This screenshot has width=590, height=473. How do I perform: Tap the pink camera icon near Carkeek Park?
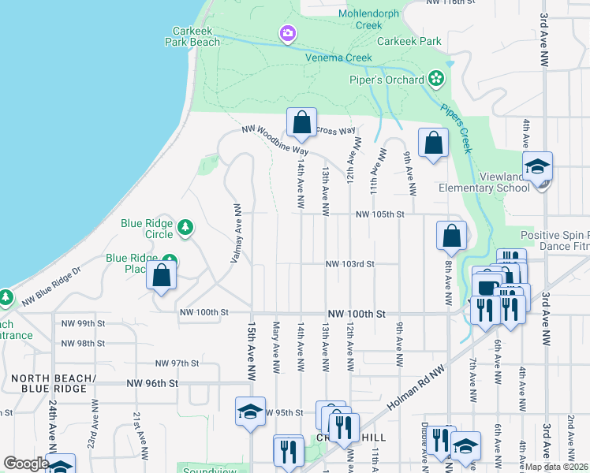[286, 33]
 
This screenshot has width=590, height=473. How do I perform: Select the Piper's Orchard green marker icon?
[435, 79]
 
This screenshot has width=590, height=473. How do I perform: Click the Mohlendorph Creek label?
[371, 20]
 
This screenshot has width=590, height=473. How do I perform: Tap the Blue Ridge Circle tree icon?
[185, 229]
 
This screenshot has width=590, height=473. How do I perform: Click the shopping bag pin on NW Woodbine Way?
[301, 123]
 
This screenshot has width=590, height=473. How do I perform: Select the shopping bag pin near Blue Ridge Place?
[161, 277]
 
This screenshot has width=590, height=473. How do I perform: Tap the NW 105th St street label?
[379, 214]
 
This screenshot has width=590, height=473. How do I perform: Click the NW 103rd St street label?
[349, 264]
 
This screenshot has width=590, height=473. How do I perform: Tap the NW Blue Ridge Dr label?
[51, 285]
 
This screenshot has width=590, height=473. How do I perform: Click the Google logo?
[25, 464]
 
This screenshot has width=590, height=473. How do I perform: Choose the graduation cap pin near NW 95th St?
[250, 412]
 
